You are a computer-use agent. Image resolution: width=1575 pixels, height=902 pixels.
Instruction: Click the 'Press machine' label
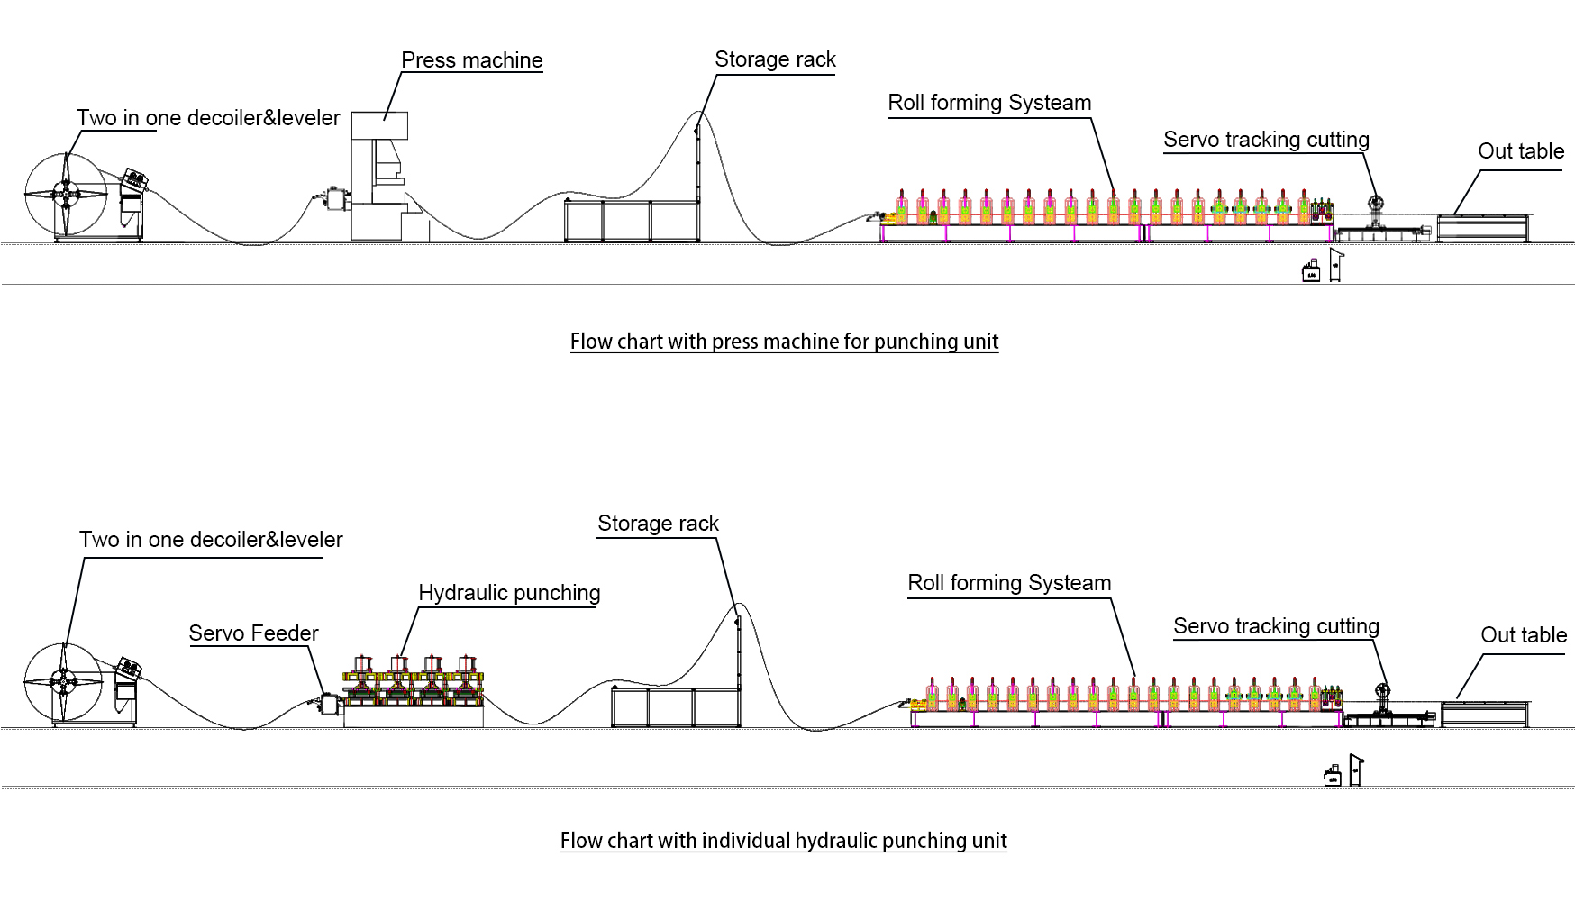click(x=471, y=60)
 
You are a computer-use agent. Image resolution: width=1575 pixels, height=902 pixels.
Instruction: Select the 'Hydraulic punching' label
click(x=509, y=593)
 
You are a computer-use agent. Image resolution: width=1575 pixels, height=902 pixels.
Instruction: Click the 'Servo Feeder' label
click(x=253, y=633)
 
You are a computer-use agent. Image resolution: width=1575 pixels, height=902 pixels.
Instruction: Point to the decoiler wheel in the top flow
click(x=66, y=193)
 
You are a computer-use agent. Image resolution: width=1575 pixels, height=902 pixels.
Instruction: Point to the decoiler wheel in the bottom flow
click(x=63, y=682)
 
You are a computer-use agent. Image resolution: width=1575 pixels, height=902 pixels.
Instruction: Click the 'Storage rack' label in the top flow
click(x=775, y=59)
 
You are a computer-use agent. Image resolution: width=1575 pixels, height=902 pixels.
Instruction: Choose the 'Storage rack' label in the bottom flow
click(x=658, y=524)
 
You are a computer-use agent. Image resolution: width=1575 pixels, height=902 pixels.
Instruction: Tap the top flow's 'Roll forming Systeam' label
click(x=989, y=103)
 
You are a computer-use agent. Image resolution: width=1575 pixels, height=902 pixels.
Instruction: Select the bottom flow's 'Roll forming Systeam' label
click(x=1009, y=583)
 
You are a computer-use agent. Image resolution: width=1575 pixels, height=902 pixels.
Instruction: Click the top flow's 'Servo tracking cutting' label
click(x=1266, y=140)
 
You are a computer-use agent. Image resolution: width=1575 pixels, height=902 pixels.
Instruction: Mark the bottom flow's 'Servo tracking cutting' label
click(x=1276, y=626)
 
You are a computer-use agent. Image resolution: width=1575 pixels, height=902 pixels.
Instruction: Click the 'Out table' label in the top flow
click(x=1521, y=151)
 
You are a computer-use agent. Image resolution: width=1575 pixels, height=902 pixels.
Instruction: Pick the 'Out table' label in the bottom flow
click(x=1524, y=635)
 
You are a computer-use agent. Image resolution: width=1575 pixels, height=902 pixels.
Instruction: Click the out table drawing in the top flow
click(x=1482, y=228)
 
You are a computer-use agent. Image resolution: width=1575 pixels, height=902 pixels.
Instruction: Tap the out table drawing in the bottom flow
click(x=1484, y=714)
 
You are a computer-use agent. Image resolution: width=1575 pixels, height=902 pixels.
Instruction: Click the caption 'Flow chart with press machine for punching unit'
click(x=784, y=342)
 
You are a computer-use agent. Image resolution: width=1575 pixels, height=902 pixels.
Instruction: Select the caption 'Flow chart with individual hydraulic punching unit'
click(x=783, y=841)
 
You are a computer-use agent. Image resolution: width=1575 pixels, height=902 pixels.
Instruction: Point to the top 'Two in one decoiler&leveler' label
click(x=208, y=118)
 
